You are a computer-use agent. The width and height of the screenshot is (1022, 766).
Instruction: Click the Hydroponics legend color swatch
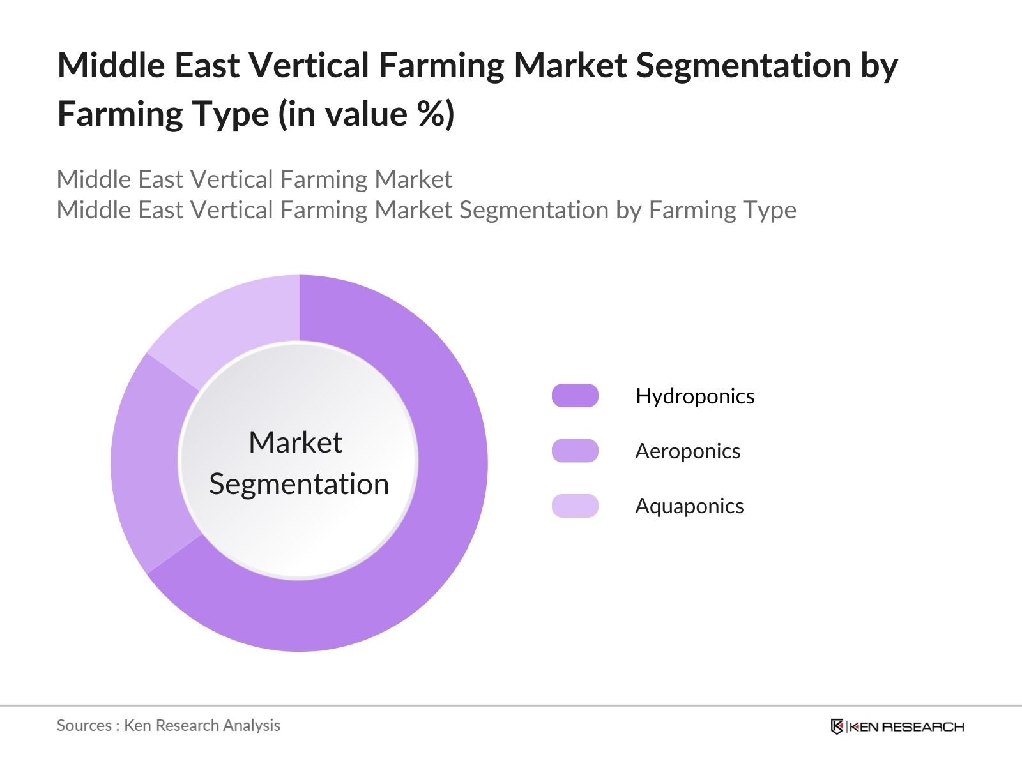[575, 396]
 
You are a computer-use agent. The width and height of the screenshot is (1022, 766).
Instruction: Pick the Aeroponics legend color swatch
[575, 451]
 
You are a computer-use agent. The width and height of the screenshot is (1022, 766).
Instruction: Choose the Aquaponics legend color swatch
[575, 506]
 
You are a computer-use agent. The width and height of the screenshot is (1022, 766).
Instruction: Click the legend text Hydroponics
[695, 396]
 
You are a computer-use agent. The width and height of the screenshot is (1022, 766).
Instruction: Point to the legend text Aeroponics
[687, 451]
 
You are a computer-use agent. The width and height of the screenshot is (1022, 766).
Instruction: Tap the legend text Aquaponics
[689, 506]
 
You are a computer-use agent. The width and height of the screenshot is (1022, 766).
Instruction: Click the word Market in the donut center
[295, 442]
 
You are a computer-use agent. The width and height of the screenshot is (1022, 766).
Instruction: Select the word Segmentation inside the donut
[299, 484]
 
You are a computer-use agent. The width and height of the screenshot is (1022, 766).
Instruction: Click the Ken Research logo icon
[837, 726]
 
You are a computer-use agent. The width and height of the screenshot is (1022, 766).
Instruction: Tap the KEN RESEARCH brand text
[906, 726]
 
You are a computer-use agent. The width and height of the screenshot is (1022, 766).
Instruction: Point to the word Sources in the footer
[84, 725]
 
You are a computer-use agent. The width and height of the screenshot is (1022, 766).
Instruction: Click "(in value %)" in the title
[366, 114]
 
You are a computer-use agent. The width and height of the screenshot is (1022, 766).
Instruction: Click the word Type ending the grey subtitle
[772, 210]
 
